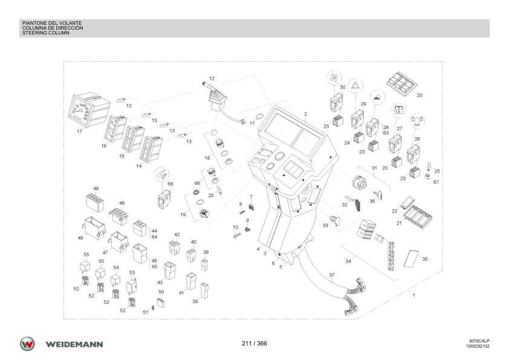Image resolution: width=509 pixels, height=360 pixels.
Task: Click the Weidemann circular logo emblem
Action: coord(27,344)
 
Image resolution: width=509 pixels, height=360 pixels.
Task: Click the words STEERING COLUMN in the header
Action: coord(46,33)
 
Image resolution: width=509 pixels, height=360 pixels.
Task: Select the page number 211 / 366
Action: coord(254,344)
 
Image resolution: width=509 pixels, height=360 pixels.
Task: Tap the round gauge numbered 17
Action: coord(88,110)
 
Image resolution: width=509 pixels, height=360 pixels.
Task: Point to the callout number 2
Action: coord(305,114)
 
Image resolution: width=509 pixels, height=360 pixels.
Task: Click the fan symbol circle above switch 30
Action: coord(334,77)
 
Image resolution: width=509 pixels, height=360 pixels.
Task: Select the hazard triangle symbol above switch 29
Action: coord(356,86)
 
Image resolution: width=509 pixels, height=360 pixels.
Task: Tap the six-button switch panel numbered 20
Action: coord(401,82)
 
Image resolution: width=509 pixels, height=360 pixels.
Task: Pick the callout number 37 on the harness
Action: coord(331,275)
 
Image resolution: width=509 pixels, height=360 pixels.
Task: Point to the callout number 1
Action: coord(413,295)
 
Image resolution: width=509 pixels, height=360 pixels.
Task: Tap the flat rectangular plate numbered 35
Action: coord(411,259)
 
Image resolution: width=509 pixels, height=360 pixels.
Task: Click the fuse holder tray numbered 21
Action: coord(418,217)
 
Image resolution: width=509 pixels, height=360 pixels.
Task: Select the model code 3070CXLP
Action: coord(479,341)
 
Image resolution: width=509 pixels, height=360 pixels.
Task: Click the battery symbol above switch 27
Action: coord(398,110)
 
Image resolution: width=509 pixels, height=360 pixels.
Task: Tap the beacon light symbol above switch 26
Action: coord(417,120)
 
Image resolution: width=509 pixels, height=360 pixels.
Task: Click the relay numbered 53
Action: coord(132,287)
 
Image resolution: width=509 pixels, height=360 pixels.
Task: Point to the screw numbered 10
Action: coord(236,235)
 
